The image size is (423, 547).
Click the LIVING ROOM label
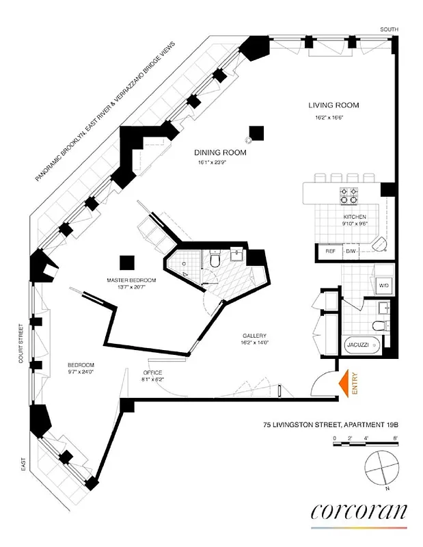[333, 105]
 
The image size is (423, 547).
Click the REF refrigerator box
[329, 252]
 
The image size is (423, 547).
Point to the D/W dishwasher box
[351, 252]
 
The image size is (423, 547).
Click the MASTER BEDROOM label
[131, 280]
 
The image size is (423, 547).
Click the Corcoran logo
[359, 511]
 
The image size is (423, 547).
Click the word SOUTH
[389, 29]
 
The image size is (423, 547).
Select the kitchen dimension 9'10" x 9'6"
[355, 224]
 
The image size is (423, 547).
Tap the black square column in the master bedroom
[127, 263]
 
